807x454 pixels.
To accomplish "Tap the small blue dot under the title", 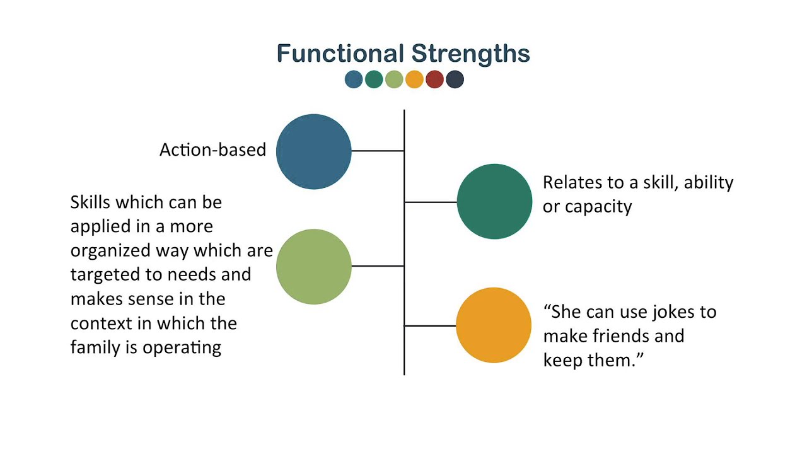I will [354, 79].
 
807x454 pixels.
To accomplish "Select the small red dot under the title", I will [434, 79].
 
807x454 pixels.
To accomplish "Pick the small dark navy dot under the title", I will [455, 79].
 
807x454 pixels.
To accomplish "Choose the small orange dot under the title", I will [414, 79].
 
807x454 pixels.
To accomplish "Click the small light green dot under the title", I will [394, 79].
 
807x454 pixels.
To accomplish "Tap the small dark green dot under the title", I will [374, 79].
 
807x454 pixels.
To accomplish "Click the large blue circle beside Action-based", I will [313, 151].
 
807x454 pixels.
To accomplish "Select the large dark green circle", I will [494, 202].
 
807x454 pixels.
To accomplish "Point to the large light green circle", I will [313, 267].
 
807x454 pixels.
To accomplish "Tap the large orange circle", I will [494, 325].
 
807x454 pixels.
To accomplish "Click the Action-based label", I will [212, 150].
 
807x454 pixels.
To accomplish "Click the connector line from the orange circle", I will [430, 326].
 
